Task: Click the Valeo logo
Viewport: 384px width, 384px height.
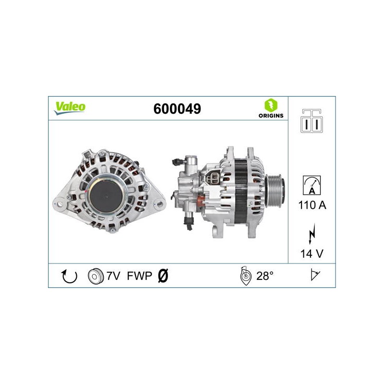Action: pos(70,108)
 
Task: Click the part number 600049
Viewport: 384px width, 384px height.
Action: pos(177,109)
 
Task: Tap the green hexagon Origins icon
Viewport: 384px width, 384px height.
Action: pos(271,105)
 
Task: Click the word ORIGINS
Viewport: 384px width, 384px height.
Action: pos(271,116)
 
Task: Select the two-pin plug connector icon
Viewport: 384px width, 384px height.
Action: pos(312,121)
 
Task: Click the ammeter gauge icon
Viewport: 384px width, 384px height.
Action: pos(312,185)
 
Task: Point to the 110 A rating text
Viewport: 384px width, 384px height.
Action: pos(312,205)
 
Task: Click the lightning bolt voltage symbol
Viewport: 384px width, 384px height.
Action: pos(312,234)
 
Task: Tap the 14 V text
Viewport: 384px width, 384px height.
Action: pos(312,254)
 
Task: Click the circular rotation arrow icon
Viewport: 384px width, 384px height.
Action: pos(69,276)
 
